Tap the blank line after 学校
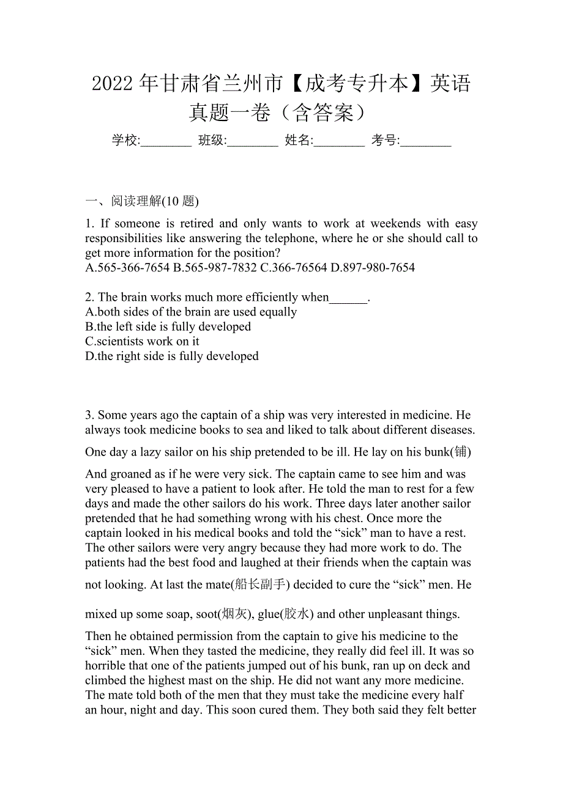point(166,142)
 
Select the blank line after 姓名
point(340,142)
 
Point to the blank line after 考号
point(427,142)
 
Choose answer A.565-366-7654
point(127,268)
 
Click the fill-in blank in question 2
point(348,298)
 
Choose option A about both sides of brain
point(191,312)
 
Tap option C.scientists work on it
point(142,341)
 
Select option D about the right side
point(172,356)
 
